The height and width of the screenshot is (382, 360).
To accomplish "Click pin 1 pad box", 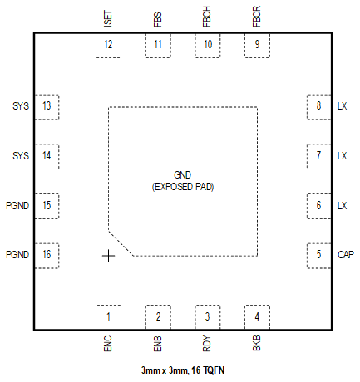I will click(108, 316).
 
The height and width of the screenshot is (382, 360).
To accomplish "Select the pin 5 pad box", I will click(318, 255).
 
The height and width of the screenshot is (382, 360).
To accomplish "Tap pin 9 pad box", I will click(257, 45).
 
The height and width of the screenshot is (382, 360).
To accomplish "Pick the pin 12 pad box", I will click(108, 45).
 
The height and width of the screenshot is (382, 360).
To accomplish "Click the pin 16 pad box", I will click(47, 255).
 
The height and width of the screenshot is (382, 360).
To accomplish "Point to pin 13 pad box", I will click(47, 106).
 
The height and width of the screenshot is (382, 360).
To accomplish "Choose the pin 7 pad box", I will click(318, 155).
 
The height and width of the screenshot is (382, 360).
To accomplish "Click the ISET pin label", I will click(108, 18).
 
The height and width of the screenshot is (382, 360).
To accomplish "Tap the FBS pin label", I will click(157, 19).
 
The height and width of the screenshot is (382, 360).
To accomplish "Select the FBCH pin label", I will click(206, 18).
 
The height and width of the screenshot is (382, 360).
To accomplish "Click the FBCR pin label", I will click(256, 18).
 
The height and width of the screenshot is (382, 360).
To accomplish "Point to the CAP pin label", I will click(345, 255).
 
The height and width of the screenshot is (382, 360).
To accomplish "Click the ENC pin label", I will click(108, 344).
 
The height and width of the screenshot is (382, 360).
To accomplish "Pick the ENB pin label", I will click(157, 344).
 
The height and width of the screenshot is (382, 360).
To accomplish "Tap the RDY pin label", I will click(206, 344).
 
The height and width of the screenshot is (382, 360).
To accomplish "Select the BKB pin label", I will click(256, 344).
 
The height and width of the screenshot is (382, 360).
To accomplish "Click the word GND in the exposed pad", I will click(182, 175).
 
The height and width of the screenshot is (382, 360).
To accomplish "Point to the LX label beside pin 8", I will click(342, 106).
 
